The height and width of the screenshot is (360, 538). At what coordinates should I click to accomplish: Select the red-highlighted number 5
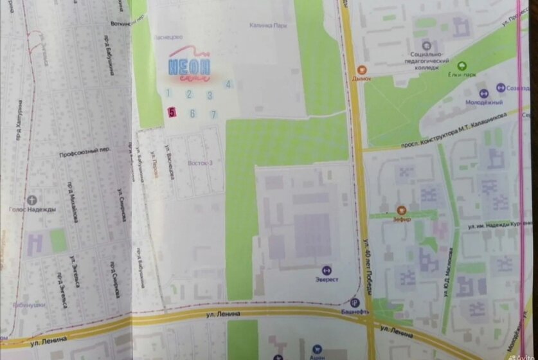[172, 111]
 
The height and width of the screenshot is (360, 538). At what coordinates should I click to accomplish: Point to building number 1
[168, 94]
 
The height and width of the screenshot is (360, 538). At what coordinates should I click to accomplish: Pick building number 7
[214, 114]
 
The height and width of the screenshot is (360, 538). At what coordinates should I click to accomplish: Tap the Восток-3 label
[200, 163]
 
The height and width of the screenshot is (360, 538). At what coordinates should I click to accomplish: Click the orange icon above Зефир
[402, 210]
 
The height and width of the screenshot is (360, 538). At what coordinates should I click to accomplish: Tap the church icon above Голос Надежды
[32, 199]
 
